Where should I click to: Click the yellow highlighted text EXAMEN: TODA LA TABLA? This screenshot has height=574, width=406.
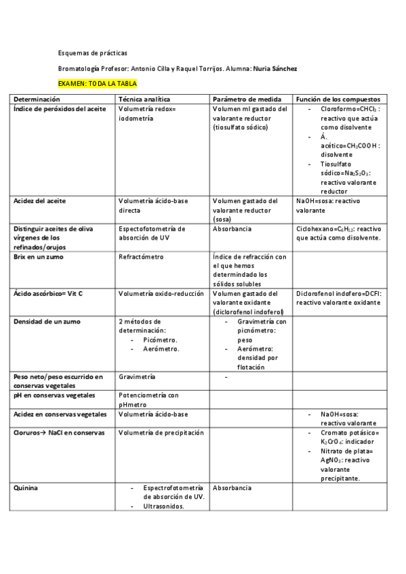click(97, 83)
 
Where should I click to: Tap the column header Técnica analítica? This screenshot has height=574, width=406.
click(144, 99)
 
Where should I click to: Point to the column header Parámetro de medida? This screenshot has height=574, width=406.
click(245, 99)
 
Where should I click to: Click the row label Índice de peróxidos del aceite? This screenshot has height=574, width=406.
click(60, 109)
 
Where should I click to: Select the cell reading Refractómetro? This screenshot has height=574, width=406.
click(142, 257)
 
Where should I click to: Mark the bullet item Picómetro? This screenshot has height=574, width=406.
click(160, 340)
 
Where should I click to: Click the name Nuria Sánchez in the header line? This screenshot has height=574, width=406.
click(275, 68)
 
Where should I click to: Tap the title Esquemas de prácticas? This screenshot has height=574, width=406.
click(92, 53)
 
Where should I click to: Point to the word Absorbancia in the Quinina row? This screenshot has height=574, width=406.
click(232, 487)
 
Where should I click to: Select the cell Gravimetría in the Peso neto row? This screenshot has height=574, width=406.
click(137, 376)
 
